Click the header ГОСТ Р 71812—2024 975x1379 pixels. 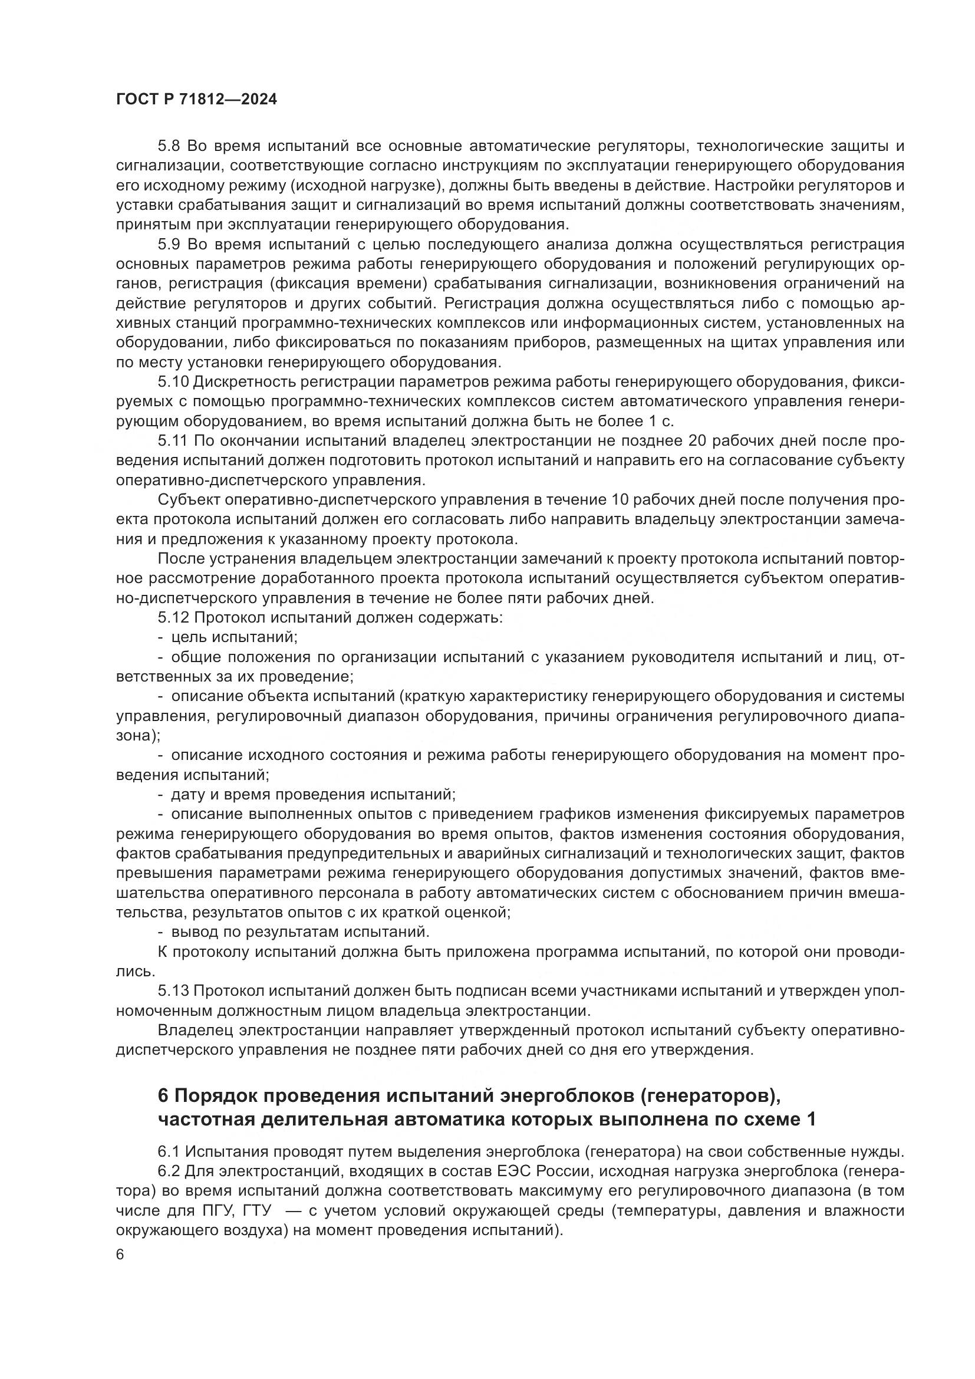click(x=196, y=100)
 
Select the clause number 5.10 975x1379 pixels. click(x=173, y=381)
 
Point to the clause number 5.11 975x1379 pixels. click(x=173, y=440)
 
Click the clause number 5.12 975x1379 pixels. click(x=173, y=617)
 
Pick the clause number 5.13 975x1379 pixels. click(x=173, y=991)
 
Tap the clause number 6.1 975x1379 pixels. click(x=169, y=1151)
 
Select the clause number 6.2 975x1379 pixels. click(x=169, y=1171)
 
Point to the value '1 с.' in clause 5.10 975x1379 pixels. click(x=660, y=421)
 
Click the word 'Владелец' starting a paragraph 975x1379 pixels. click(x=195, y=1031)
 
